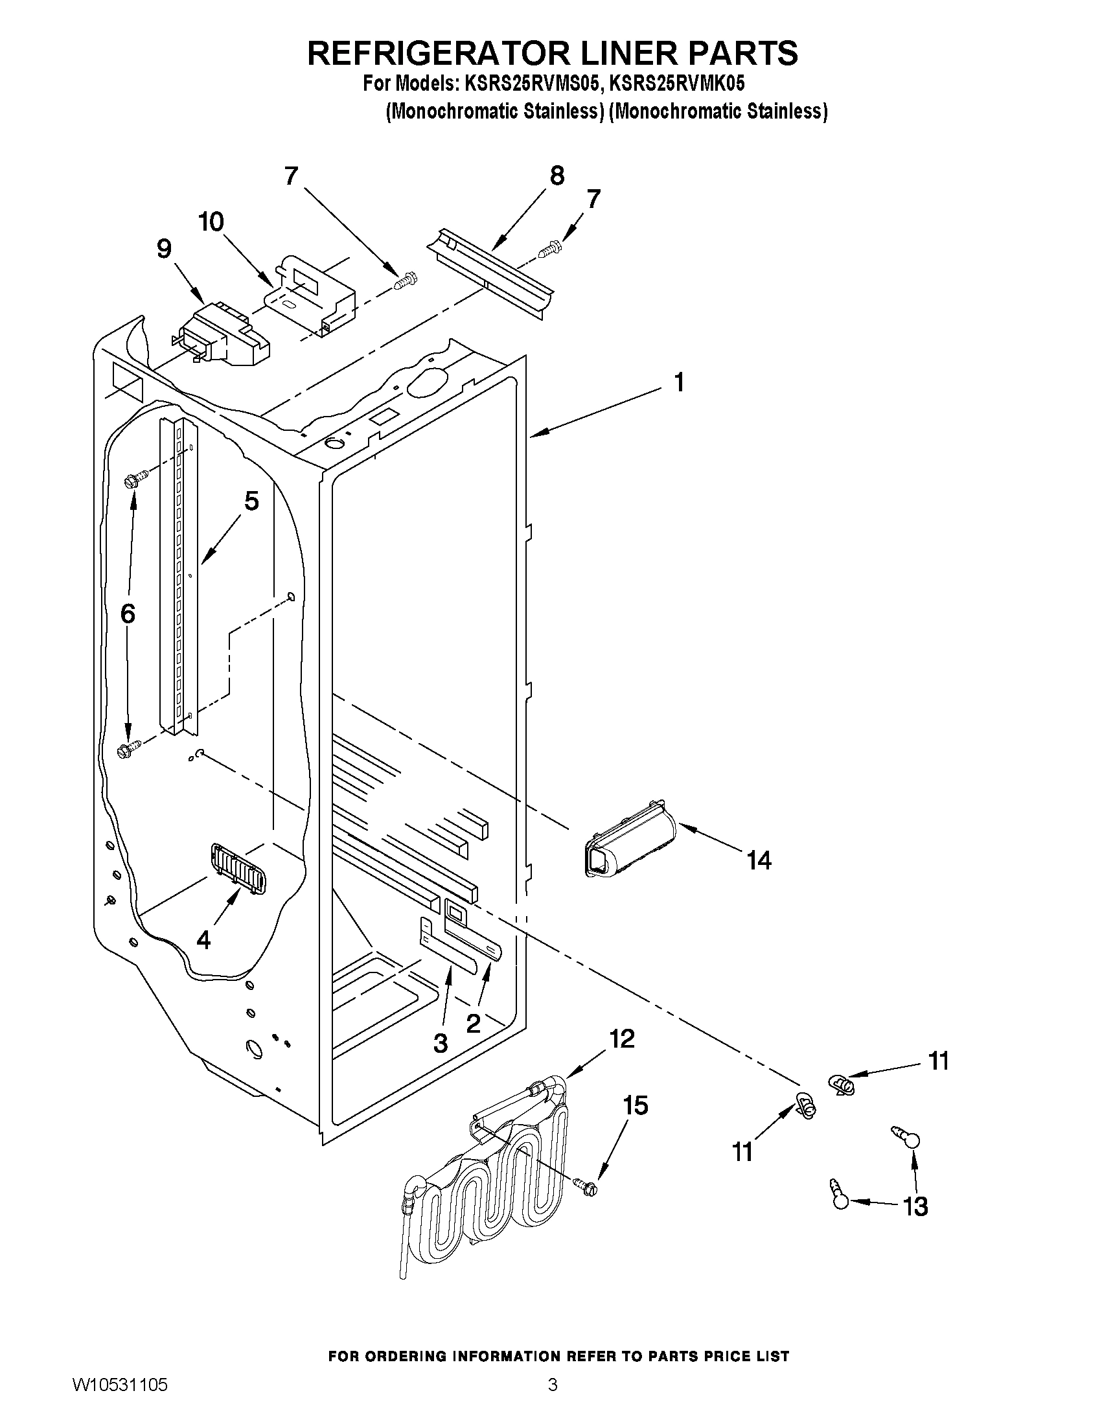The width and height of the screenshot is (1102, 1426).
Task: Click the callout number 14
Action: (759, 860)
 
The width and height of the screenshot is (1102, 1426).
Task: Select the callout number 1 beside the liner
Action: (679, 382)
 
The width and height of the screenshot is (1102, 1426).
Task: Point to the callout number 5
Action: (251, 501)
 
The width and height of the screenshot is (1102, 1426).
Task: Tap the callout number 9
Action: (164, 249)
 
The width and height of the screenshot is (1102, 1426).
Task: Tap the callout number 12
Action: (621, 1038)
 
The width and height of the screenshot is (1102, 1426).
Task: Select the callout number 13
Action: (915, 1206)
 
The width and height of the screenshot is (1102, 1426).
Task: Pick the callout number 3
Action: (441, 1043)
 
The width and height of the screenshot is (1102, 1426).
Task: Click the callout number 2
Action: (474, 1023)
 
